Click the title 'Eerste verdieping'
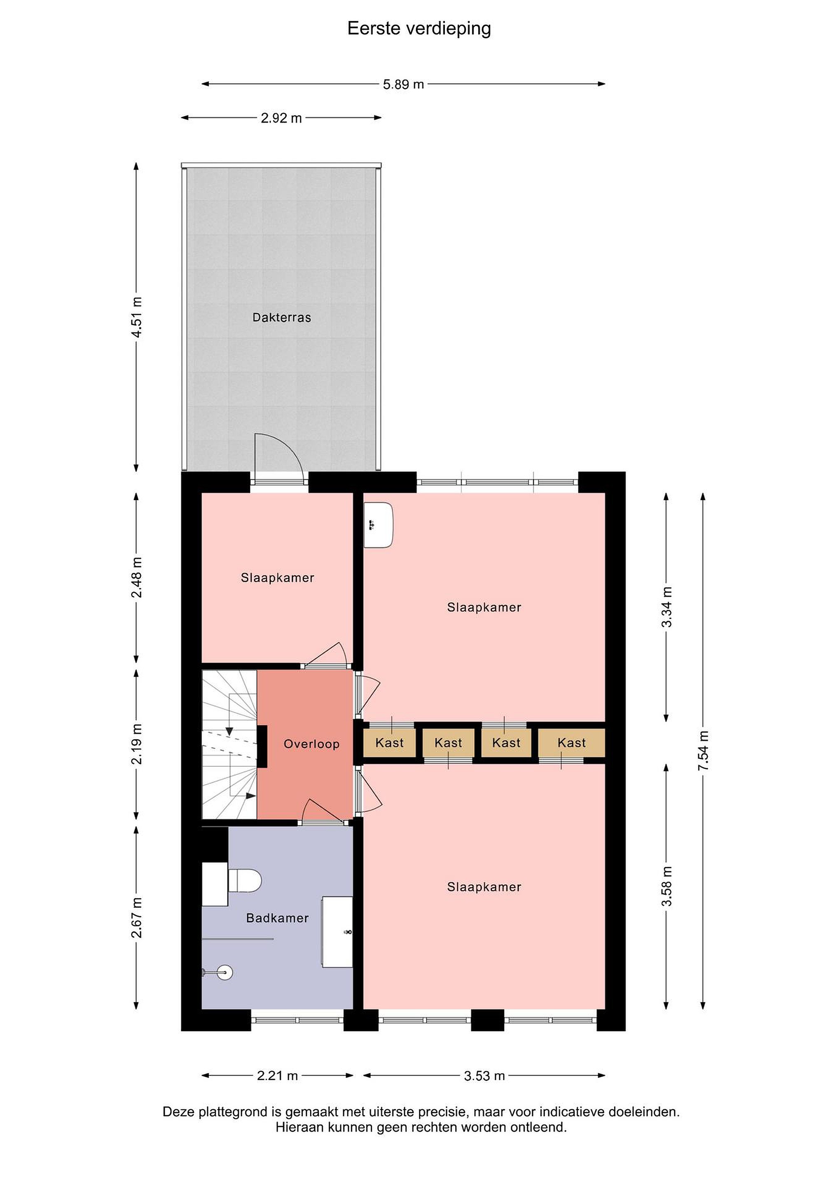[419, 29]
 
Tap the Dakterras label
[282, 317]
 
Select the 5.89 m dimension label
[404, 84]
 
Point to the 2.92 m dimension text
[281, 118]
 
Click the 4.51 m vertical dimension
[137, 317]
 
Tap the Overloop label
[311, 744]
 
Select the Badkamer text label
[278, 918]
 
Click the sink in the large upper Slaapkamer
[378, 525]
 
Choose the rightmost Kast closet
[571, 743]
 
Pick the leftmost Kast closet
[390, 743]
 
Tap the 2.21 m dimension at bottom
[278, 1076]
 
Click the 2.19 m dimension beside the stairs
[137, 744]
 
